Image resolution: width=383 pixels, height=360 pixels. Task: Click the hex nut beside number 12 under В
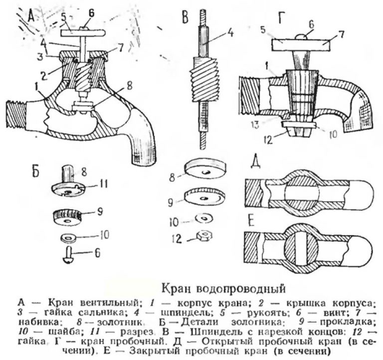point(204,236)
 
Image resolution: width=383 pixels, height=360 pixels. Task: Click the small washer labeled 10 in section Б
point(68,238)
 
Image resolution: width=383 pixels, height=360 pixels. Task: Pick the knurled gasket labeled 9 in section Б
point(67,217)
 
